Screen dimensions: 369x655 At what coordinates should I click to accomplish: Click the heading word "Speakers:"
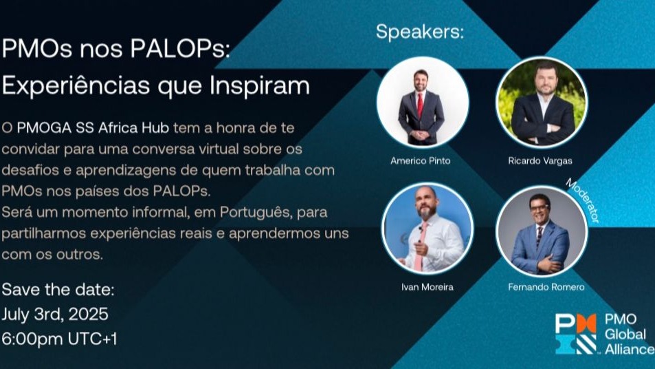pyautogui.click(x=420, y=32)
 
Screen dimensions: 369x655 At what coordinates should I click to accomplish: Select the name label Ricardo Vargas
pyautogui.click(x=541, y=161)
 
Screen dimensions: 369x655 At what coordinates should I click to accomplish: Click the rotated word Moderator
pyautogui.click(x=583, y=200)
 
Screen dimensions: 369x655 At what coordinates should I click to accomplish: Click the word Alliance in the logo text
pyautogui.click(x=630, y=349)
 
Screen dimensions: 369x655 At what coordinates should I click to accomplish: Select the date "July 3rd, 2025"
pyautogui.click(x=55, y=314)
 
